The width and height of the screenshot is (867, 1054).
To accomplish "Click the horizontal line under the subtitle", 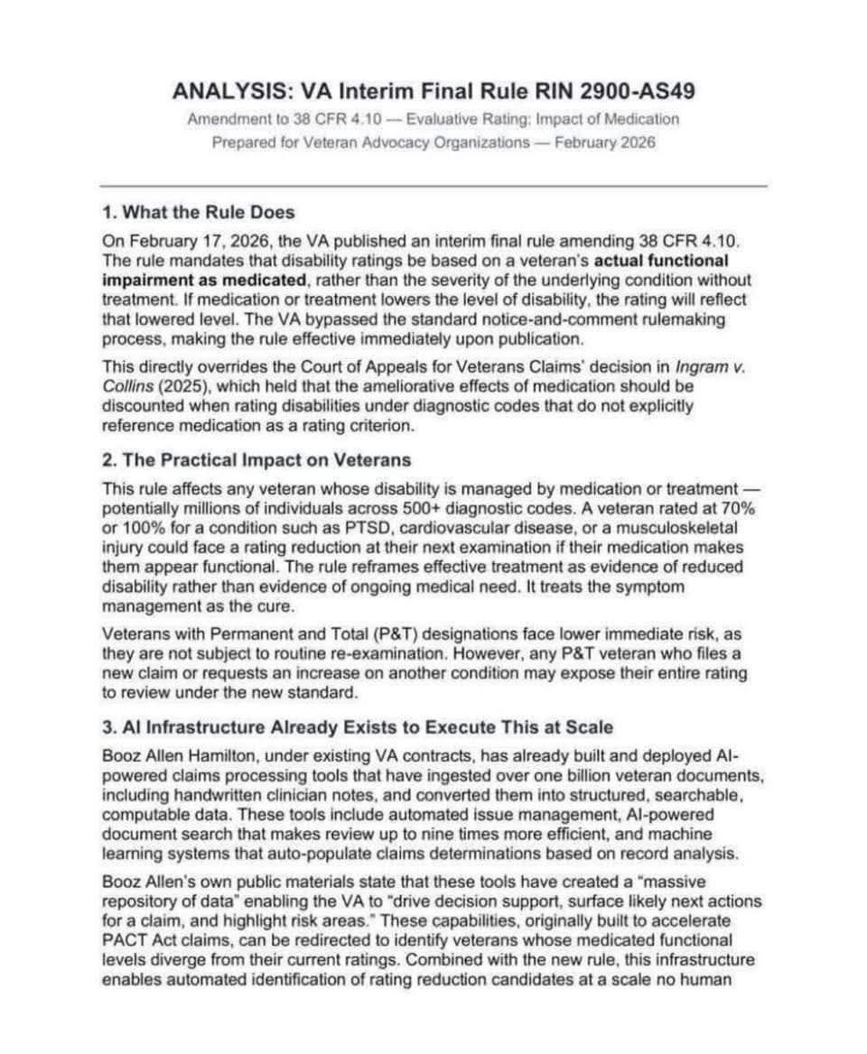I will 433,186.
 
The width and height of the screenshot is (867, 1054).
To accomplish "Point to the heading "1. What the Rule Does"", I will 198,213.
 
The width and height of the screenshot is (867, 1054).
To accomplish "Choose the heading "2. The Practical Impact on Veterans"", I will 256,460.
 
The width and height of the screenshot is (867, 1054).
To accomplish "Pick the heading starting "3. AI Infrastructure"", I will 357,727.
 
